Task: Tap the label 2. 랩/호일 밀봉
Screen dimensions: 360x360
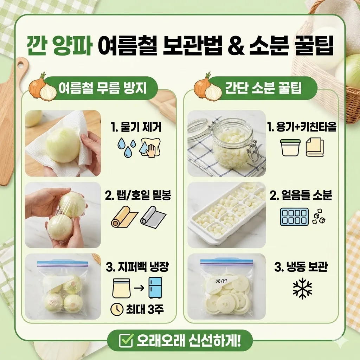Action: tap(138, 196)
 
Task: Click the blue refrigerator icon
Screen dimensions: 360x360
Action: tap(155, 288)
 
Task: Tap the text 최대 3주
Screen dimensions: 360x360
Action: tap(144, 309)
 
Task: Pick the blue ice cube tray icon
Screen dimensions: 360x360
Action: tap(294, 217)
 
